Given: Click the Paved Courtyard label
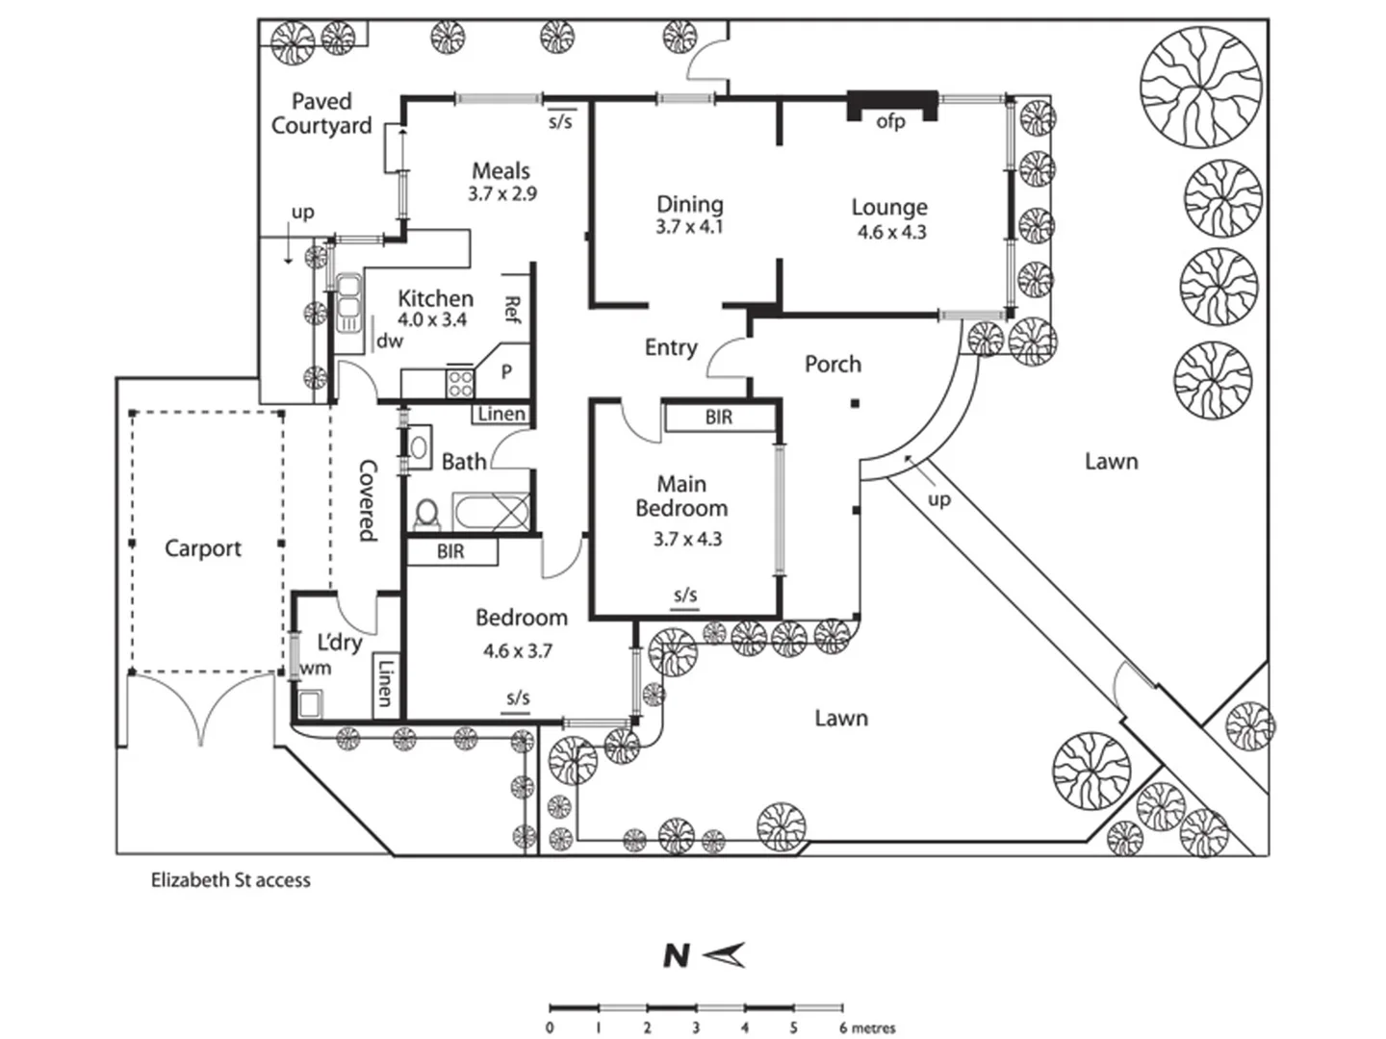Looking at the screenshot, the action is [x=321, y=114].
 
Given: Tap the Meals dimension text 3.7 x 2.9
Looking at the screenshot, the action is [x=502, y=193].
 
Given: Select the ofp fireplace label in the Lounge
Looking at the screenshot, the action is [x=890, y=122].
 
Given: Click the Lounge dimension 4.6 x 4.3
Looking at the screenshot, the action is [x=891, y=232].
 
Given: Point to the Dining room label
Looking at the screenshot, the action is [x=689, y=204].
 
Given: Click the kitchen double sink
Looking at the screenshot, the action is [x=347, y=303].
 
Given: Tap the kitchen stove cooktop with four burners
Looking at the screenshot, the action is [x=460, y=383].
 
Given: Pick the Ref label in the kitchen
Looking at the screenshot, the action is [x=513, y=309].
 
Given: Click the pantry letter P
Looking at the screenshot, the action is [x=506, y=372].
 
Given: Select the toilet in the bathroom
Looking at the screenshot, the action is [x=427, y=514].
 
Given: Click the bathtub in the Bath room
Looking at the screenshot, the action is [x=491, y=512].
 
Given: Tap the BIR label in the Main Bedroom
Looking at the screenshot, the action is [x=719, y=417].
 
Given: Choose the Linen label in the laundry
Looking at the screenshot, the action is [x=385, y=683].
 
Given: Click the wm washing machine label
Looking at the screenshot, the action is [x=315, y=668].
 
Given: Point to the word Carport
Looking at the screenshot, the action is [x=203, y=548].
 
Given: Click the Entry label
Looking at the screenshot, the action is [x=671, y=347].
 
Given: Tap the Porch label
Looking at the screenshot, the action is [x=833, y=364].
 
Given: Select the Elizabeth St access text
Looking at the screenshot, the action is [x=230, y=880].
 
